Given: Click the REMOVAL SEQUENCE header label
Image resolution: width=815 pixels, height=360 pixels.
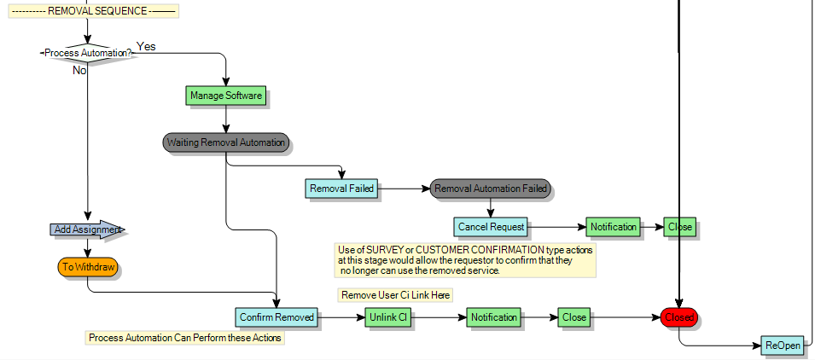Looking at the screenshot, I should pyautogui.click(x=93, y=11).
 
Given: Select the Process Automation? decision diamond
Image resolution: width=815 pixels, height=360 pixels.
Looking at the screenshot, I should pyautogui.click(x=88, y=53).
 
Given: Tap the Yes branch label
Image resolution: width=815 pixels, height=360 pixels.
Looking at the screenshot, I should pyautogui.click(x=146, y=46).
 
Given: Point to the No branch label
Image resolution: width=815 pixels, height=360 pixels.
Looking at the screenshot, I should pyautogui.click(x=79, y=71).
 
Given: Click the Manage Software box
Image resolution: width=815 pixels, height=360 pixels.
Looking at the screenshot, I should pyautogui.click(x=225, y=96).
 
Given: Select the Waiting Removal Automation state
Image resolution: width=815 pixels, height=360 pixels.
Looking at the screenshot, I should pyautogui.click(x=226, y=142).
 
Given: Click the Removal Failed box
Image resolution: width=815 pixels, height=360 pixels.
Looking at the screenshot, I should pyautogui.click(x=342, y=189).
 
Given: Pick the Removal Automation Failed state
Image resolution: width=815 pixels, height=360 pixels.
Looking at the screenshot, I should pyautogui.click(x=490, y=189).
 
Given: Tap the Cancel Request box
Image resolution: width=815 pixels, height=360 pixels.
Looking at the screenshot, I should pyautogui.click(x=491, y=227).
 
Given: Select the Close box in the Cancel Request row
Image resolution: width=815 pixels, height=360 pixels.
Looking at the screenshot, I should pyautogui.click(x=680, y=227).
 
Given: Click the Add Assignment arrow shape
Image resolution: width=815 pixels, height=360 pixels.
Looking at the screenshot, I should pyautogui.click(x=86, y=229).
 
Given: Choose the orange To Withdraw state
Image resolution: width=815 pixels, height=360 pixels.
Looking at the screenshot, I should pyautogui.click(x=88, y=267).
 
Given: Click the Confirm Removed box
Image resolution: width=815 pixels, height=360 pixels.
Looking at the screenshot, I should pyautogui.click(x=277, y=317).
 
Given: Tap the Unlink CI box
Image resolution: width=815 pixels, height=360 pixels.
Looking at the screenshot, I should pyautogui.click(x=389, y=317).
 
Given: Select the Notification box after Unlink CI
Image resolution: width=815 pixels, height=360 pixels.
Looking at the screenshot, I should pyautogui.click(x=493, y=317).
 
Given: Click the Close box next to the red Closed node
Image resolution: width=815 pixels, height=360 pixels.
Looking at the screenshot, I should pyautogui.click(x=574, y=317).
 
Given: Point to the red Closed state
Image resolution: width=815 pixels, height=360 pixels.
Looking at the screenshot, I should pyautogui.click(x=679, y=317).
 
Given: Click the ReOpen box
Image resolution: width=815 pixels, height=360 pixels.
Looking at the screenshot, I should pyautogui.click(x=782, y=346).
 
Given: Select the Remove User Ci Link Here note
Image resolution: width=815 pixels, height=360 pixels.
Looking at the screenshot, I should pyautogui.click(x=395, y=295).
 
